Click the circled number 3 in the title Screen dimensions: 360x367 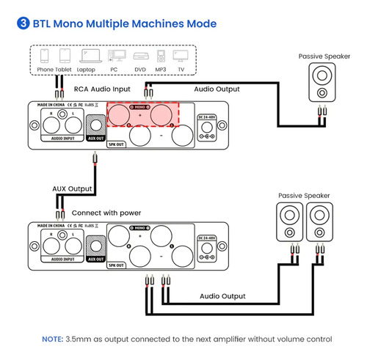click(x=21, y=23)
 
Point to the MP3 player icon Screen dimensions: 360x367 click(x=160, y=56)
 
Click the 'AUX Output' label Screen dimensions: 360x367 click(x=73, y=188)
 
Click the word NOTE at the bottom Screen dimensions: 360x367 click(x=52, y=339)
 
